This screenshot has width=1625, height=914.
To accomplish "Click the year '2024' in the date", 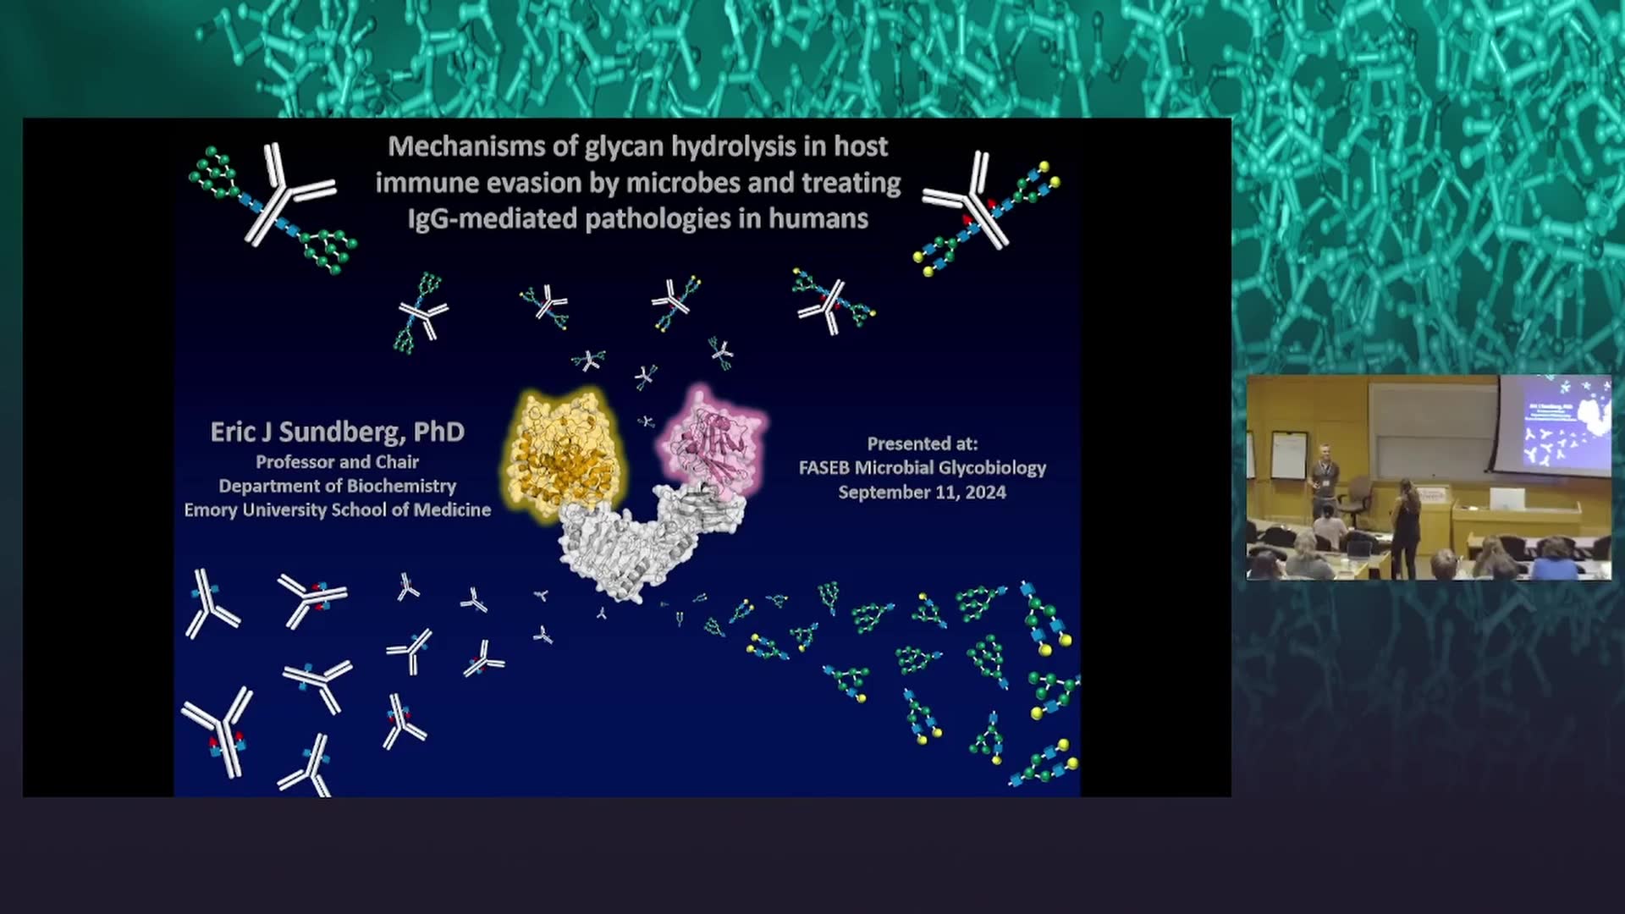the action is click(985, 493).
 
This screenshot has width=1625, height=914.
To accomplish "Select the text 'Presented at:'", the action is click(922, 443).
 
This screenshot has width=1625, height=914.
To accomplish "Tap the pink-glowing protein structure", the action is click(713, 440).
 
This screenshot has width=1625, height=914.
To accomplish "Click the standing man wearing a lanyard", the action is click(1324, 482).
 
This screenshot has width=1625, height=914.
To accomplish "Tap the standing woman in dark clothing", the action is click(1405, 527).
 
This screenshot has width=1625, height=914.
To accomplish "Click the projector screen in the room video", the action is click(1555, 423).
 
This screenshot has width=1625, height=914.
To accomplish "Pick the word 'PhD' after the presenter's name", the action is click(438, 432).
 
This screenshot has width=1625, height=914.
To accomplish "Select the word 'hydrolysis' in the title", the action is click(725, 147).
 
